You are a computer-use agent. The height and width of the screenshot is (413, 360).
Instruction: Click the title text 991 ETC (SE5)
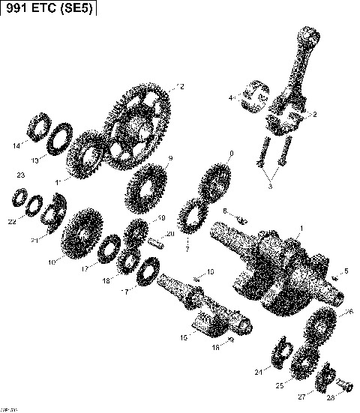click(x=49, y=11)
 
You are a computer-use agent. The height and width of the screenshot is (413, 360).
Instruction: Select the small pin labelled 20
click(x=155, y=242)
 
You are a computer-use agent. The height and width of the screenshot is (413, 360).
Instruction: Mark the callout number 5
click(x=346, y=271)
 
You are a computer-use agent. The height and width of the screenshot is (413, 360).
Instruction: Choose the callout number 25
click(x=279, y=385)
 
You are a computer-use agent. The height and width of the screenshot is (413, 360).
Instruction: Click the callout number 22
click(x=11, y=222)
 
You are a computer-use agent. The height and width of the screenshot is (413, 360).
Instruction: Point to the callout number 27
click(x=301, y=395)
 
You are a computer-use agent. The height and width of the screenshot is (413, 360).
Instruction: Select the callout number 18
click(x=106, y=280)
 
